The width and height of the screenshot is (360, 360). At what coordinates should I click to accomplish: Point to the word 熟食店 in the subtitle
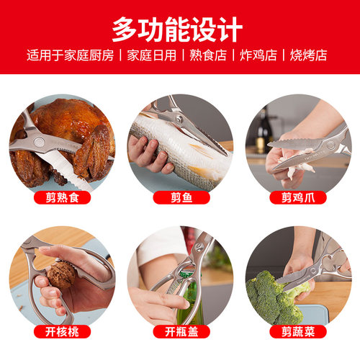[211, 55]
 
